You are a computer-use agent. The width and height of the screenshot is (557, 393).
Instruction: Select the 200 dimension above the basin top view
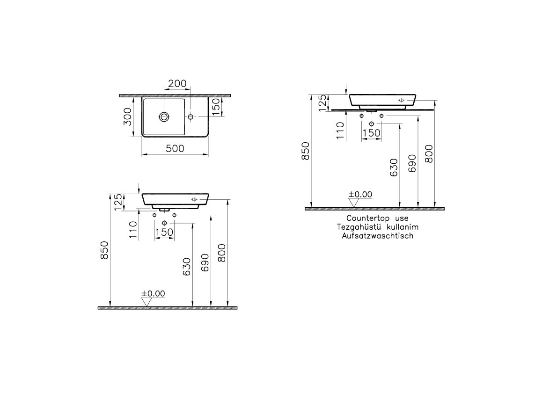[x=177, y=83]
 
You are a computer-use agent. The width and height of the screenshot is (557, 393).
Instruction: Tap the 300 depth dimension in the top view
[x=127, y=116]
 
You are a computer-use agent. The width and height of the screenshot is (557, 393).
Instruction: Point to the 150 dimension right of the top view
[x=216, y=107]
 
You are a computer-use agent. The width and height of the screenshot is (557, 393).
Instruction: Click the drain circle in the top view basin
[x=164, y=116]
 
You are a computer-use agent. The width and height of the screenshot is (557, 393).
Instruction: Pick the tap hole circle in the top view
[x=191, y=116]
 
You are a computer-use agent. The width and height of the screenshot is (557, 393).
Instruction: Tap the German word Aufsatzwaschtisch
[x=378, y=236]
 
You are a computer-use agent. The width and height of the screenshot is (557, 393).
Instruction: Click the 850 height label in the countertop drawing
[x=306, y=151]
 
